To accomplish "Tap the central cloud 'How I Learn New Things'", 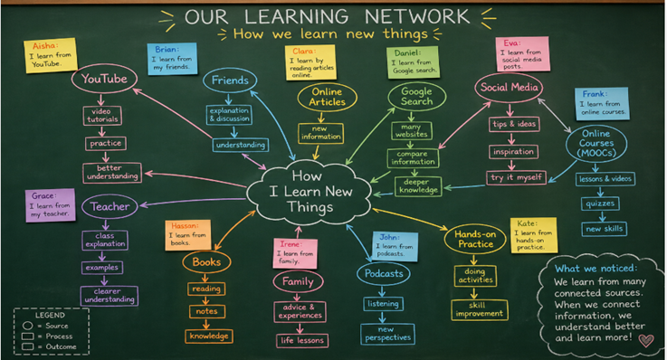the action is tap(310, 192).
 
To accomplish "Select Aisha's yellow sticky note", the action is tap(51, 55).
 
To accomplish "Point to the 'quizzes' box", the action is tap(600, 204).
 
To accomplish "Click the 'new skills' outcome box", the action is tap(604, 229).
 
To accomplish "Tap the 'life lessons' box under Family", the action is tap(302, 340).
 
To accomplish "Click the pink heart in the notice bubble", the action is tap(646, 340).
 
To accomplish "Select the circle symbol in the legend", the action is tap(28, 326).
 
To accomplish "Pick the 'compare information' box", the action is tap(413, 157).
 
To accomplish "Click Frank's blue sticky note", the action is tap(602, 104).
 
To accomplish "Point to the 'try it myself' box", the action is tap(517, 177).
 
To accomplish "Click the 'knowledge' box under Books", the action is tap(209, 336).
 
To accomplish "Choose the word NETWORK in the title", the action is tap(417, 16).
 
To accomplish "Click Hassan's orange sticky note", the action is tap(187, 234).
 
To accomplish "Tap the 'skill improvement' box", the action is tap(480, 309).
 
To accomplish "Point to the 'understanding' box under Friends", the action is tap(241, 145).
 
